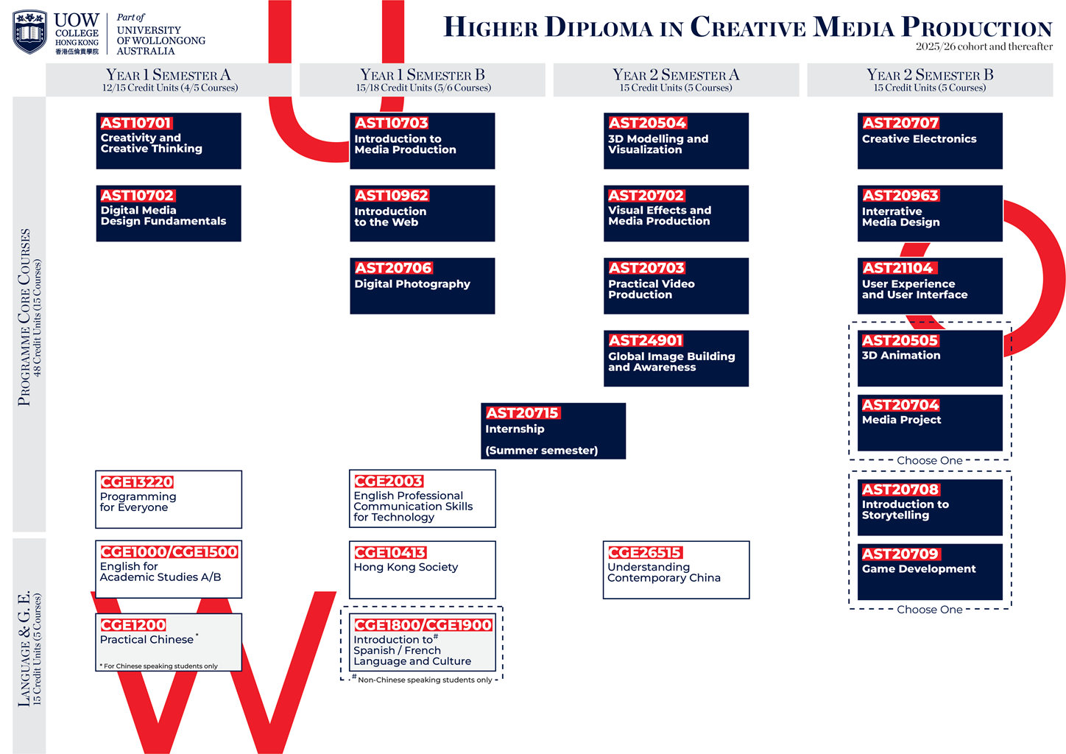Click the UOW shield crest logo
(29, 32)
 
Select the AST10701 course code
(135, 123)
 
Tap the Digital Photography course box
(422, 286)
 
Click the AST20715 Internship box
(553, 431)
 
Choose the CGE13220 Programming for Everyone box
(169, 499)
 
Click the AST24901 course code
(646, 340)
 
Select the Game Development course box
(930, 571)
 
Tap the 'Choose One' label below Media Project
(929, 460)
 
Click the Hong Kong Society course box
(422, 570)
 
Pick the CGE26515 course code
(644, 552)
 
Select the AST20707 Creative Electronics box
(930, 141)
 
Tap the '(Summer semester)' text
(541, 450)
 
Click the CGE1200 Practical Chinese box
(169, 642)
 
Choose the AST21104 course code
(897, 268)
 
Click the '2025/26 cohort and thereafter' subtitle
(984, 46)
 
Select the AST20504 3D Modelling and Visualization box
(676, 141)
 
